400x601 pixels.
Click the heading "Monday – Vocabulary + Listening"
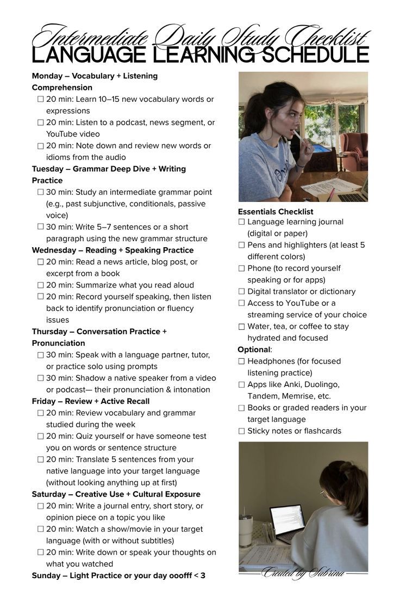coord(95,76)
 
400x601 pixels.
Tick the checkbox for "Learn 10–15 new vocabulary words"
coord(40,100)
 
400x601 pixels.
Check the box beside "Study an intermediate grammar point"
coord(40,192)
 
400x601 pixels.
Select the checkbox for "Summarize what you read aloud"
coord(40,285)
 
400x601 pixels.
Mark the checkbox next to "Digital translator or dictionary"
coord(241,292)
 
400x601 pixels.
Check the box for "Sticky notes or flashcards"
coord(241,431)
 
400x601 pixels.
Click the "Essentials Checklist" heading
coord(276,212)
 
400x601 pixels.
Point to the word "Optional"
coord(254,349)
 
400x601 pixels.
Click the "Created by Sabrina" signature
coord(303,573)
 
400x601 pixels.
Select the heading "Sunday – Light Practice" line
coord(118,575)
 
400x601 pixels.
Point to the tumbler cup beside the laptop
coord(246,531)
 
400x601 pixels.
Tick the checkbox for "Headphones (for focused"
coord(241,361)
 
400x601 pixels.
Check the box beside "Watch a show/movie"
coord(40,529)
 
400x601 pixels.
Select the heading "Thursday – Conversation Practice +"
coord(99,332)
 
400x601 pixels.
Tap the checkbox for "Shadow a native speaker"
coord(40,378)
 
